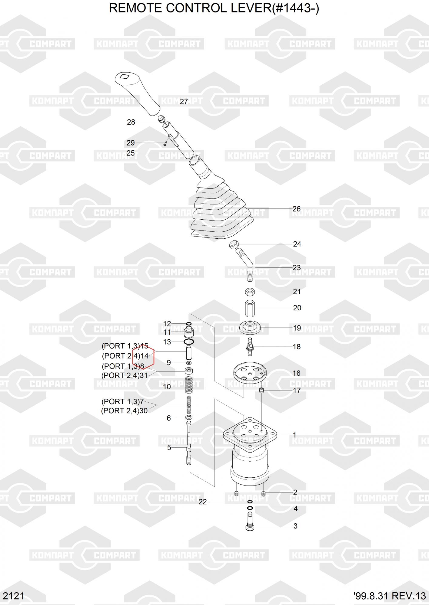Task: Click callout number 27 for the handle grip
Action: pyautogui.click(x=184, y=102)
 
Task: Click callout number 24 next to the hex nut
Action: pyautogui.click(x=297, y=244)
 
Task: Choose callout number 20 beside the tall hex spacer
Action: pyautogui.click(x=297, y=308)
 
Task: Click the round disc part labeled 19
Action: pyautogui.click(x=250, y=328)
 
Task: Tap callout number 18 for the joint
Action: pyautogui.click(x=297, y=347)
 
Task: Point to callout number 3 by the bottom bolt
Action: pyautogui.click(x=295, y=526)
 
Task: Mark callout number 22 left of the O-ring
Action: pyautogui.click(x=202, y=502)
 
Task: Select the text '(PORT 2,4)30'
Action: pyautogui.click(x=124, y=411)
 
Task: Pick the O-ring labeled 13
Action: pyautogui.click(x=189, y=342)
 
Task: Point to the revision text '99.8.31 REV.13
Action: pyautogui.click(x=390, y=596)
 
